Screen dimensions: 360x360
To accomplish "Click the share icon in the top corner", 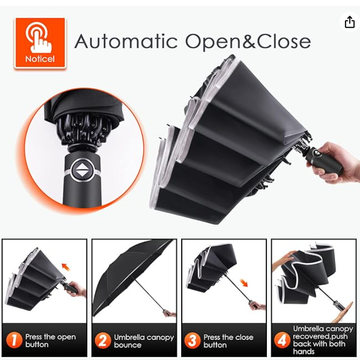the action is click(349, 22).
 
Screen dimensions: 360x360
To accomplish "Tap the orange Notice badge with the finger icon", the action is click(40, 43).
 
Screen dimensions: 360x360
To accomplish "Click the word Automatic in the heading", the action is click(126, 41).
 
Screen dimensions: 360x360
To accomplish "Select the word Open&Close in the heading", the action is click(248, 42).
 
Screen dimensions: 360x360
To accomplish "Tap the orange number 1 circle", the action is click(14, 340).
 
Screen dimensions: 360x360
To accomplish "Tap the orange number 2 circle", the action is click(103, 341).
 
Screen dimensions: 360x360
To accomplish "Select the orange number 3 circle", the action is click(192, 341).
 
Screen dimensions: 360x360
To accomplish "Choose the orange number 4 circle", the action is click(282, 340).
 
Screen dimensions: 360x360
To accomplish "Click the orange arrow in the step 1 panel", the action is click(66, 267).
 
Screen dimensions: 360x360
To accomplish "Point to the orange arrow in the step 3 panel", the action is click(244, 283).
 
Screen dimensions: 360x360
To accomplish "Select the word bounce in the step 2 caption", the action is click(128, 345).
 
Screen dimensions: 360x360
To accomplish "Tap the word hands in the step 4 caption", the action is click(304, 351).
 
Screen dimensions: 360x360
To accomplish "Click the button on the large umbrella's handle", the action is click(317, 153).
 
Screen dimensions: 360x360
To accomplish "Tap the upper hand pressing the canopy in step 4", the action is click(283, 260).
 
